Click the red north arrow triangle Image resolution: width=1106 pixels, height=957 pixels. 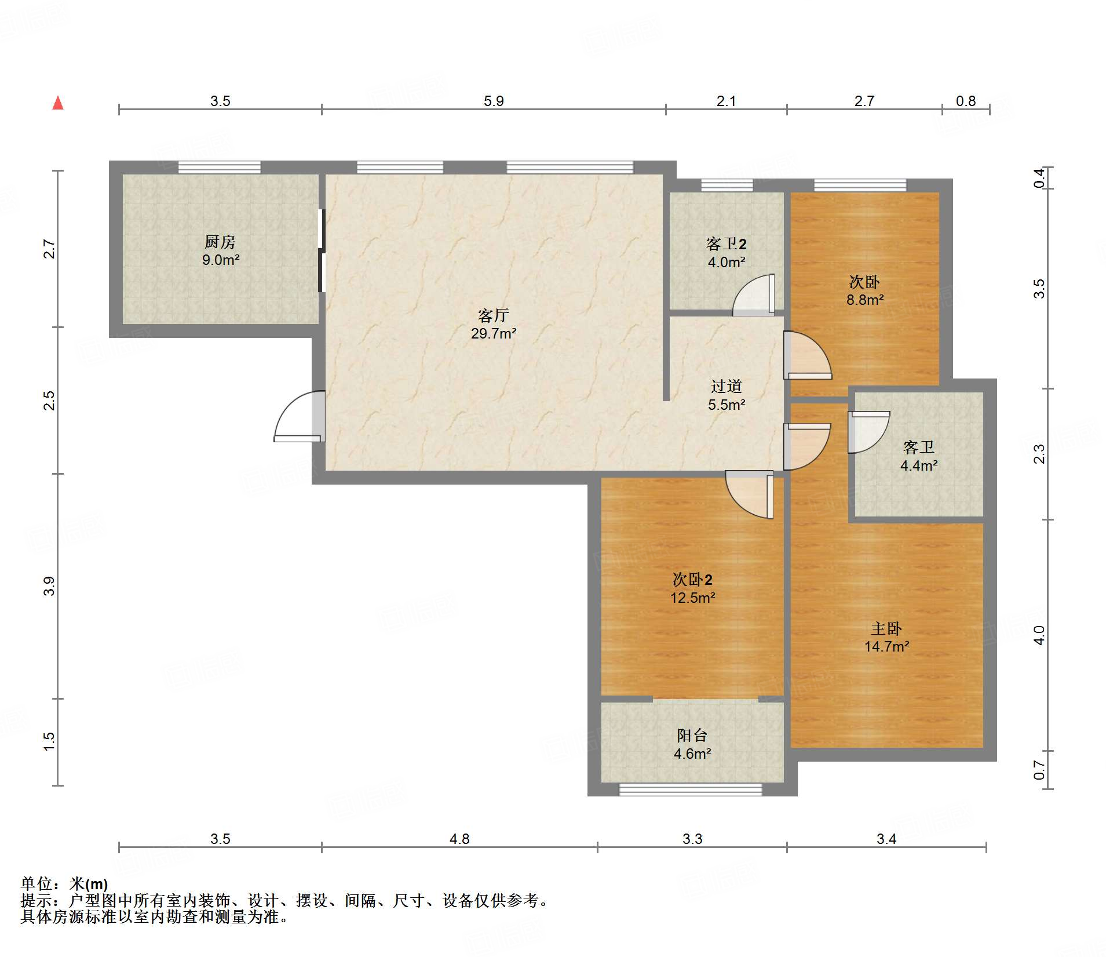point(58,103)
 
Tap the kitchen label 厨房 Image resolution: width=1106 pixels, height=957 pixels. point(220,242)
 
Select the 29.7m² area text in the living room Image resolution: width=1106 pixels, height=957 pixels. point(494,333)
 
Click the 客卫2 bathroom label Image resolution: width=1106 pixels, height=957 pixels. point(727,244)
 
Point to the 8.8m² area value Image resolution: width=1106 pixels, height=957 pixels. point(865,300)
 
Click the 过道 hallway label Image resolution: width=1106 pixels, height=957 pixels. point(727,386)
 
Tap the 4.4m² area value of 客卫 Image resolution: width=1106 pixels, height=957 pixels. point(919,465)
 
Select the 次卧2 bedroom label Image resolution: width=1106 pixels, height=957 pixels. point(692,579)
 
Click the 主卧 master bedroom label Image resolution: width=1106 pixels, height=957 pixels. point(886,628)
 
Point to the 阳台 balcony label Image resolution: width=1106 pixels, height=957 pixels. point(692,735)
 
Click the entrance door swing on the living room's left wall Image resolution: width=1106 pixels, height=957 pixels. point(299,417)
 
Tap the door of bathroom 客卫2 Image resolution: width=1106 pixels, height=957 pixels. point(753,295)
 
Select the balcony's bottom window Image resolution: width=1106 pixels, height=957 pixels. point(691,789)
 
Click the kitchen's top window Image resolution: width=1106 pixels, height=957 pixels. point(219,168)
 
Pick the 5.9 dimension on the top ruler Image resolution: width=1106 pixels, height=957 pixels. point(494,101)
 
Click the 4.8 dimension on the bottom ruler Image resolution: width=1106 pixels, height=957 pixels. point(459,839)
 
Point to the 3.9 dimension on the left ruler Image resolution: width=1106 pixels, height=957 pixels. point(49,586)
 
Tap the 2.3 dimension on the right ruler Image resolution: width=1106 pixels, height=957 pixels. point(1040,454)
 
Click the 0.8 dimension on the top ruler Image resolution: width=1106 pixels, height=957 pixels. point(966,101)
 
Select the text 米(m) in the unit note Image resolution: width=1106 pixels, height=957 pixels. point(89,884)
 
